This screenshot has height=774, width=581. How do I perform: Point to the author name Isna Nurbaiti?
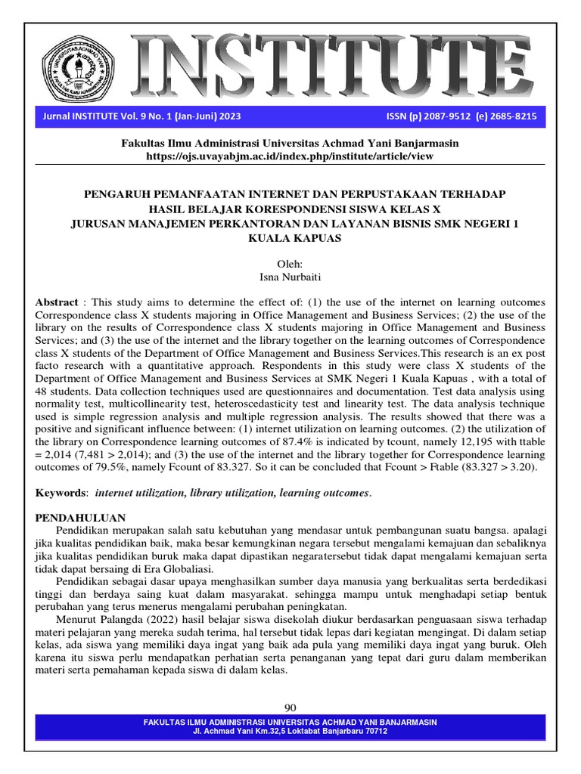[290, 277]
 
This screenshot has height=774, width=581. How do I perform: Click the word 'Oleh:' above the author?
[290, 265]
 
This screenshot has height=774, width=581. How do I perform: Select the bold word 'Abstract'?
[57, 302]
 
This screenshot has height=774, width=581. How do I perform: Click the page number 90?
[290, 707]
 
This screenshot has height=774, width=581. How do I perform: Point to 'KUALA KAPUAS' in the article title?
[290, 238]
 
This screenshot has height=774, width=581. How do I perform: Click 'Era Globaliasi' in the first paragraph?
[182, 568]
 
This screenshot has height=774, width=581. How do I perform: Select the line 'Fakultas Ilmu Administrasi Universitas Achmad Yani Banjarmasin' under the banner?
[290, 143]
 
